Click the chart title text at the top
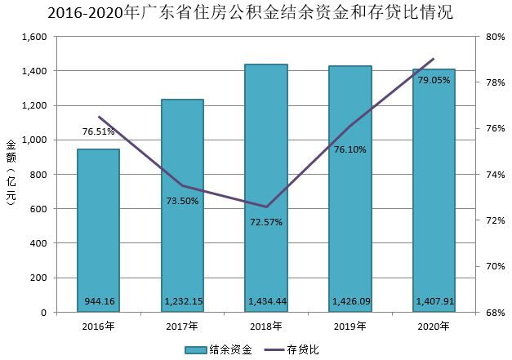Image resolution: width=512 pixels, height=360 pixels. click(256, 14)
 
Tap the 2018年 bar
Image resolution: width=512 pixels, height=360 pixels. click(266, 188)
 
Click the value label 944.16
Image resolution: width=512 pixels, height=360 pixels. click(98, 302)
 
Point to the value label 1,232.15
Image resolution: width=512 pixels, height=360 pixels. click(182, 302)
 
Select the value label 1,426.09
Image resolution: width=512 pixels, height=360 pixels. click(350, 302)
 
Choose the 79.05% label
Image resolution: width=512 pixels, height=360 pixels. click(434, 80)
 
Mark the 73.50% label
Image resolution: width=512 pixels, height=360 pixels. click(182, 201)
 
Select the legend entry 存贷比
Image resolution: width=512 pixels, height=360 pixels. click(299, 349)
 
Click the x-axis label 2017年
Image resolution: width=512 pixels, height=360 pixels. click(182, 327)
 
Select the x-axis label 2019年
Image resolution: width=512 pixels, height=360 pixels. click(350, 327)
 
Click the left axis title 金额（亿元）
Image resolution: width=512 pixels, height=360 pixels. click(11, 174)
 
